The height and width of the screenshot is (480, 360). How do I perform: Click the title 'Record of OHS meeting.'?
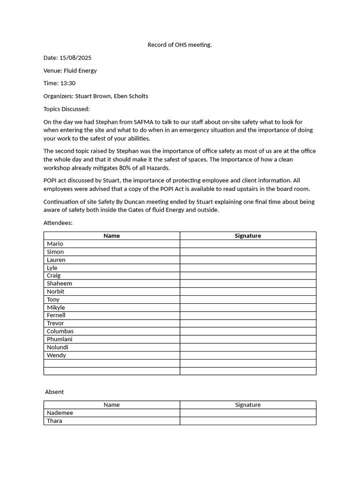pyautogui.click(x=180, y=45)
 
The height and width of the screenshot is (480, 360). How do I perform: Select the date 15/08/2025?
pyautogui.click(x=75, y=58)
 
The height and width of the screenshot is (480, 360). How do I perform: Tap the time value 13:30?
pyautogui.click(x=67, y=83)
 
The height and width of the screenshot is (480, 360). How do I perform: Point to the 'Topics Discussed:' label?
pyautogui.click(x=66, y=109)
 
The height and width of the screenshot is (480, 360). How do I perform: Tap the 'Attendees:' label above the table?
pyautogui.click(x=58, y=223)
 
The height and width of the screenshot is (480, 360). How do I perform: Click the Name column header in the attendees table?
pyautogui.click(x=112, y=236)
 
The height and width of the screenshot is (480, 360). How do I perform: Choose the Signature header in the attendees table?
pyautogui.click(x=247, y=236)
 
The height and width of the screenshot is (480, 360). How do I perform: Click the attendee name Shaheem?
pyautogui.click(x=60, y=284)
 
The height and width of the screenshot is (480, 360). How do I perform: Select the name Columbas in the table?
pyautogui.click(x=60, y=331)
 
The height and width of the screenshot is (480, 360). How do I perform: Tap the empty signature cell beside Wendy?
pyautogui.click(x=247, y=355)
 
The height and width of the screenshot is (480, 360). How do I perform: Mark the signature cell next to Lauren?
pyautogui.click(x=247, y=260)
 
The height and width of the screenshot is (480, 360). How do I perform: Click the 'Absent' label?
pyautogui.click(x=54, y=392)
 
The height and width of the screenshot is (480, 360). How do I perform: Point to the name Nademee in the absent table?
pyautogui.click(x=60, y=413)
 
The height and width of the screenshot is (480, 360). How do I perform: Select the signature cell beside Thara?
pyautogui.click(x=247, y=421)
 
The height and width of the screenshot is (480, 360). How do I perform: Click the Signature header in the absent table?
pyautogui.click(x=247, y=405)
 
